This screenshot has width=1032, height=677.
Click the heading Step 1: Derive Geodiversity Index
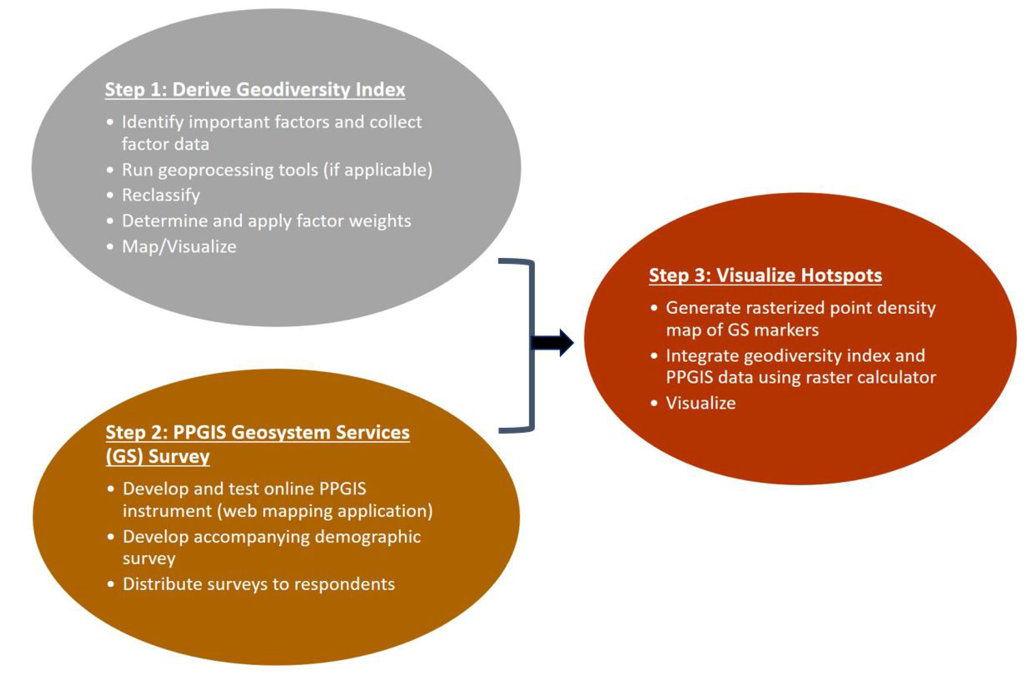(x=255, y=90)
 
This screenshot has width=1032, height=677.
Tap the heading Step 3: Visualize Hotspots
(x=765, y=275)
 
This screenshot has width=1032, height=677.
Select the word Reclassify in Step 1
(x=161, y=195)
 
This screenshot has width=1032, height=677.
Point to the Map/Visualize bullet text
(x=179, y=247)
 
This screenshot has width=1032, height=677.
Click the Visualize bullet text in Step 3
(x=701, y=403)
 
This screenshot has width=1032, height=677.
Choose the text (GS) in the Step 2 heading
(x=125, y=456)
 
